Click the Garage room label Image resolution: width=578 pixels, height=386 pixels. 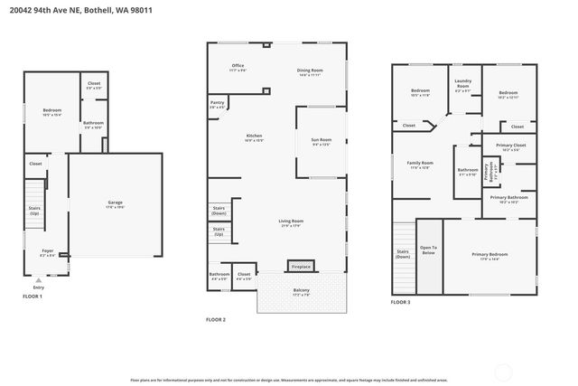[x=116, y=203]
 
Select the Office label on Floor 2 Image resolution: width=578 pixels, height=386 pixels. [x=238, y=66]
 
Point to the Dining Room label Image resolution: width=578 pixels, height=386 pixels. [x=310, y=71]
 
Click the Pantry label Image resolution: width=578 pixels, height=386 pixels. [x=218, y=104]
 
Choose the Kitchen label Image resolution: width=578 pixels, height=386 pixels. [x=254, y=137]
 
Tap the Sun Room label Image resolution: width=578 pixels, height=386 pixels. [x=322, y=140]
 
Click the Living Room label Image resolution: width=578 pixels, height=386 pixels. [x=290, y=222]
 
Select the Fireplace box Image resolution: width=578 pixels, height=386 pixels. [x=301, y=267]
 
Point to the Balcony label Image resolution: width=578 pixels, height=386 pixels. [x=302, y=291]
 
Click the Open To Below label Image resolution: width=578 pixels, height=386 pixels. [x=428, y=249]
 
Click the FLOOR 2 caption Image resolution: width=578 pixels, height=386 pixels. [x=215, y=320]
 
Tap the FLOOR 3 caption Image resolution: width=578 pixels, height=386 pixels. [x=400, y=302]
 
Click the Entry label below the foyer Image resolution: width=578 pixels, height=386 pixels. [x=38, y=287]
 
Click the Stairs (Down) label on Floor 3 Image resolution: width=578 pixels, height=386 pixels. [x=403, y=254]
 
